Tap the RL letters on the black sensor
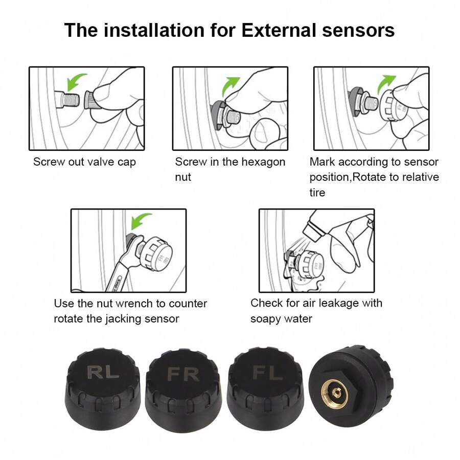pos(103,372)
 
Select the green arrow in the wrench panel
pos(141,221)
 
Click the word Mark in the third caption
pos(323,162)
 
